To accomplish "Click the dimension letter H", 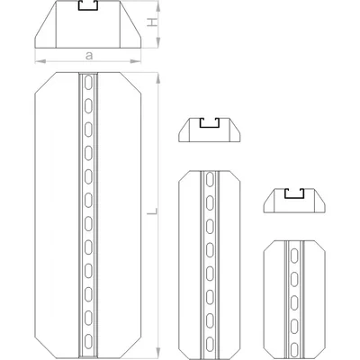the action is pos(152,22).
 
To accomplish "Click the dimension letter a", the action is pos(89,56).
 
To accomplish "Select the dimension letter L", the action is pos(152,212).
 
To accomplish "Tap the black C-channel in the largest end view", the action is pos(88,6).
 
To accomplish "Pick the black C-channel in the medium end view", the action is pos(210,123).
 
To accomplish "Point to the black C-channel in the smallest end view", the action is pos(294,194).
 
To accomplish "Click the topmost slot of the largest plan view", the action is pos(88,83).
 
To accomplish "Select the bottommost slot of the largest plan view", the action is pos(88,342).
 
